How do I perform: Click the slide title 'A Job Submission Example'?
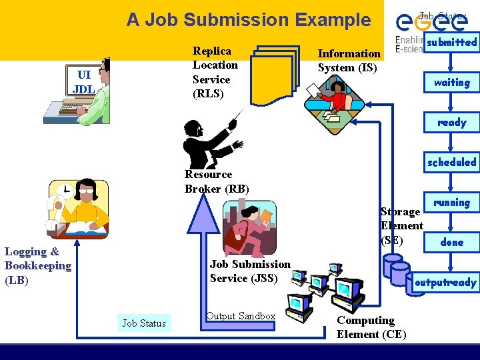pos(248,20)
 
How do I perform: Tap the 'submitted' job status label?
pos(451,43)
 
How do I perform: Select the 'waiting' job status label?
pos(451,83)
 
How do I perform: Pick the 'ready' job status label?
pos(451,123)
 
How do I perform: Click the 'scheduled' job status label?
pos(451,163)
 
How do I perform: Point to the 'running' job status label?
pos(451,203)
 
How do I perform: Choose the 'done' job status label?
pos(451,243)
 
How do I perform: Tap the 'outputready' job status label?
pos(445,283)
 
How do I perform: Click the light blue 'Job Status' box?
pos(143,323)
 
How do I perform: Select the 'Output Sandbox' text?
pos(241,316)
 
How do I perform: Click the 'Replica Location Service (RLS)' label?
pos(215,72)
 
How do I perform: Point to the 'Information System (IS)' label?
pos(349,61)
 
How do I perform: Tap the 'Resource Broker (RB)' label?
pos(217,181)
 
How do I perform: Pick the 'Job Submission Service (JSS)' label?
pos(250,271)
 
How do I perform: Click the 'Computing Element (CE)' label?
pos(371,327)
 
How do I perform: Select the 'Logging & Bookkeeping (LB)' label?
pos(37,266)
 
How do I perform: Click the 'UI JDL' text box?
pos(83,82)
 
